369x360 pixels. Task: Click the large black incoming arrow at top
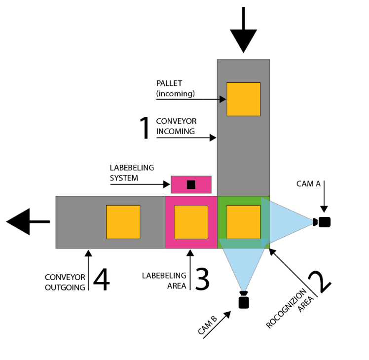(243, 35)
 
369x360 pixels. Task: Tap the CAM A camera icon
(323, 222)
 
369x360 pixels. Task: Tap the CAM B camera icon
(243, 300)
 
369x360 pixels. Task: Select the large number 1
(145, 128)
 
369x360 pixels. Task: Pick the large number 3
(202, 279)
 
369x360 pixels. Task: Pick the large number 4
(101, 279)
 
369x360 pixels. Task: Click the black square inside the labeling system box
(191, 184)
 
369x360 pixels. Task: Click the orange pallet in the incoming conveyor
(243, 99)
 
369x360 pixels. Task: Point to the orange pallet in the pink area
(191, 222)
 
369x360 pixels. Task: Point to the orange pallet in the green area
(243, 222)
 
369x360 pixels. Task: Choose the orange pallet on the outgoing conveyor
(123, 222)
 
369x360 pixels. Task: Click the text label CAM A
(308, 184)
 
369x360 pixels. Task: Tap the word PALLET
(170, 82)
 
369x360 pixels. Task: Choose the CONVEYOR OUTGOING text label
(65, 282)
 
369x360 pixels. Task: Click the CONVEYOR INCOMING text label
(175, 126)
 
